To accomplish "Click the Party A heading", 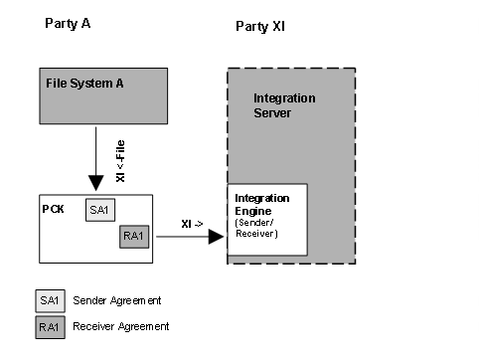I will (67, 22).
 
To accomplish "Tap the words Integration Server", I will (284, 106).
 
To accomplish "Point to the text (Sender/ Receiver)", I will (256, 230).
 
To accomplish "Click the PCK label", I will (55, 209).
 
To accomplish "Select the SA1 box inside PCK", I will (99, 211).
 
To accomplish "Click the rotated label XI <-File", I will (121, 160).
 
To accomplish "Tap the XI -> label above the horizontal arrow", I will (192, 226).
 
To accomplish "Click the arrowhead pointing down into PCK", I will (96, 183).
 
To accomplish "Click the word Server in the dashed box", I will (271, 114).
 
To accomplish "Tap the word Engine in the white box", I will (252, 210).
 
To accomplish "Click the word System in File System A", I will (88, 83).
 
